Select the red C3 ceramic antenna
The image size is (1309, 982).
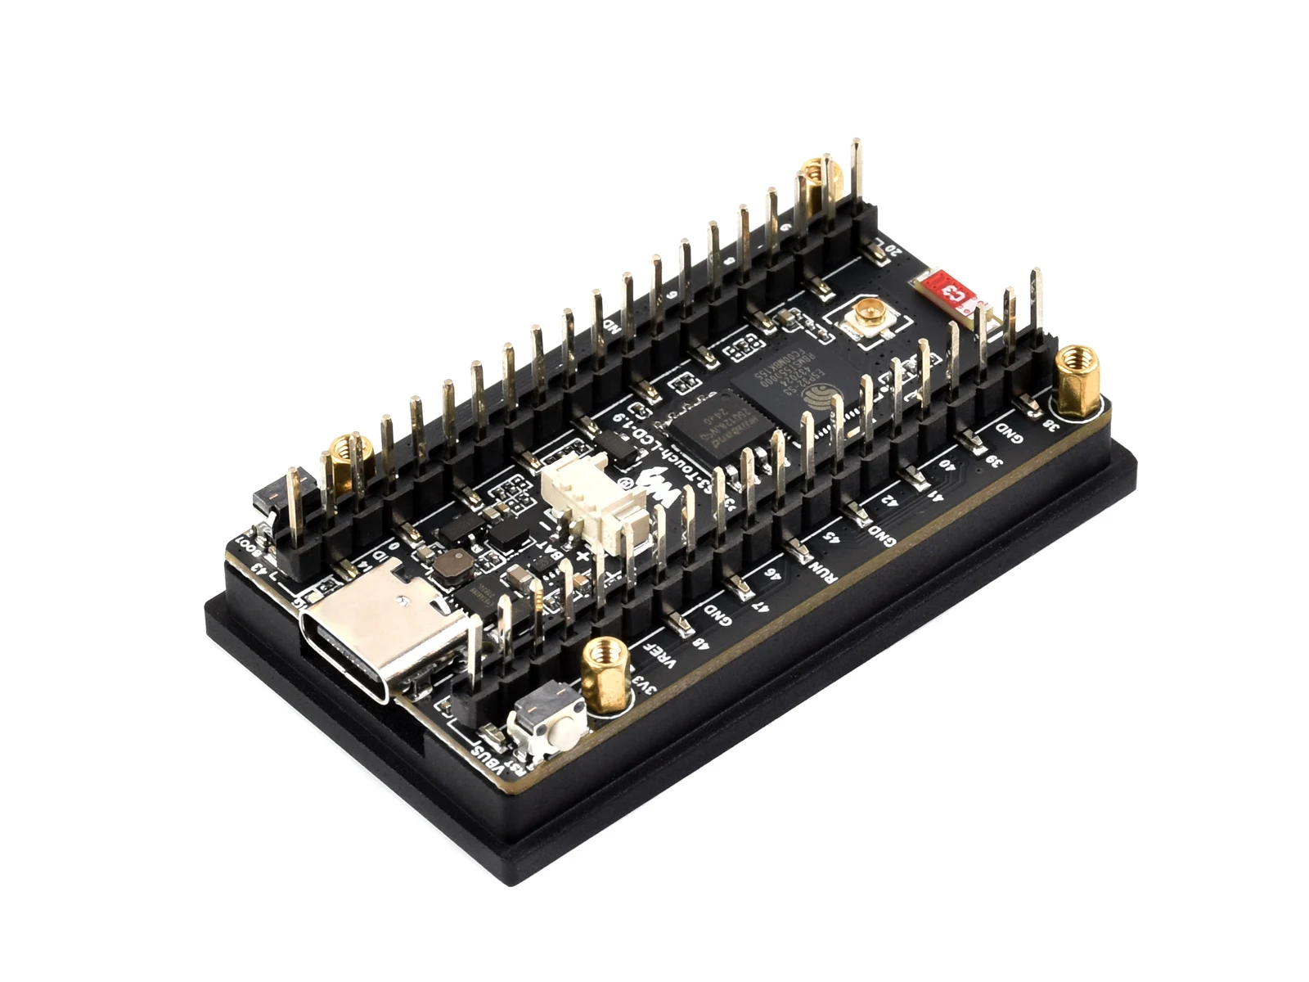point(949,291)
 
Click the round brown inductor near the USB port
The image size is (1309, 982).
point(451,565)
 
